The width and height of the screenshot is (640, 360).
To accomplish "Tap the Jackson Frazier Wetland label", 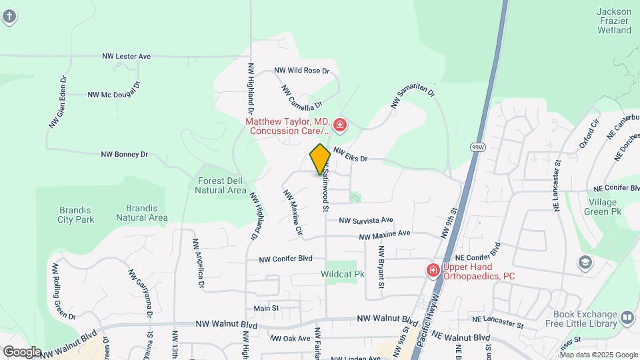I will tap(614, 21).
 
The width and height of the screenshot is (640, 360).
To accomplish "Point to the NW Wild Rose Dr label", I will tap(302, 70).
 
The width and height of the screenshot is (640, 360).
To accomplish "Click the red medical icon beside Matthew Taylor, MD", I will tap(340, 125).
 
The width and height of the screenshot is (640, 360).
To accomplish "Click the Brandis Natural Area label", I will tap(141, 212).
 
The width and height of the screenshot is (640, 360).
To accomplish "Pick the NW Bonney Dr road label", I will tap(124, 154).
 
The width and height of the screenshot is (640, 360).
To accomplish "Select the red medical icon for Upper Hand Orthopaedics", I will tap(432, 270).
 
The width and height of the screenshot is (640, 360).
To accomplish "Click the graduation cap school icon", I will tap(585, 262).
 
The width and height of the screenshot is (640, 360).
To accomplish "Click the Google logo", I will tap(21, 351).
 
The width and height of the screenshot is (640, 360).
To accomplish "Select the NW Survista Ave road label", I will tap(365, 220).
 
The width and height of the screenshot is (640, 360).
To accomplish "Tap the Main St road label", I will tap(266, 308).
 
